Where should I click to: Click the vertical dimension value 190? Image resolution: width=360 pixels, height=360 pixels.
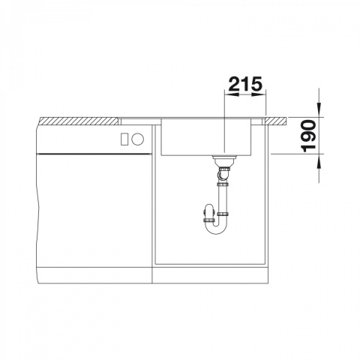[309, 136]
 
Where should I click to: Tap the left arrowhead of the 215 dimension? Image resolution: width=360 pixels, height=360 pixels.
[232, 94]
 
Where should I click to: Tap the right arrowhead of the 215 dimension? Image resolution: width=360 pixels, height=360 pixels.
[259, 94]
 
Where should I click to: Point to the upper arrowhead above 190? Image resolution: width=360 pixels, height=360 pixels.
[319, 110]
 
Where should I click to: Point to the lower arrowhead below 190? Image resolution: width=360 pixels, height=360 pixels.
[319, 160]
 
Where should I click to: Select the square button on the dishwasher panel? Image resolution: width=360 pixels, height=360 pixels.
[124, 139]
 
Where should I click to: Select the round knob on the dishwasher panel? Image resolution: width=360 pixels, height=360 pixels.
[138, 139]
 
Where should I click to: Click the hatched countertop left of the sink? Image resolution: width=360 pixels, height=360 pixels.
[79, 121]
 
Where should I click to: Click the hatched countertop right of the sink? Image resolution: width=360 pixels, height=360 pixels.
[276, 121]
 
